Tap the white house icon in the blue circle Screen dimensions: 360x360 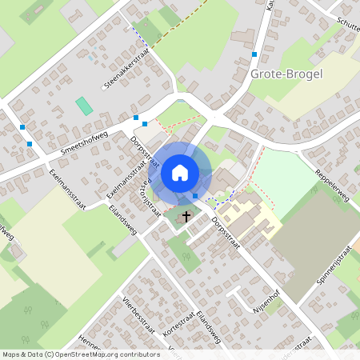pos(180,172)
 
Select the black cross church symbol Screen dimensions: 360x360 pos(186,216)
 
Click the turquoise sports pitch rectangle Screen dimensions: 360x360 pos(83,105)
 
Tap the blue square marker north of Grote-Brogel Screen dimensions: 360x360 pos(254,54)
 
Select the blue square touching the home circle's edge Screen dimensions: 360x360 pos(194,196)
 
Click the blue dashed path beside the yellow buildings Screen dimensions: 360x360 pos(223,197)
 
